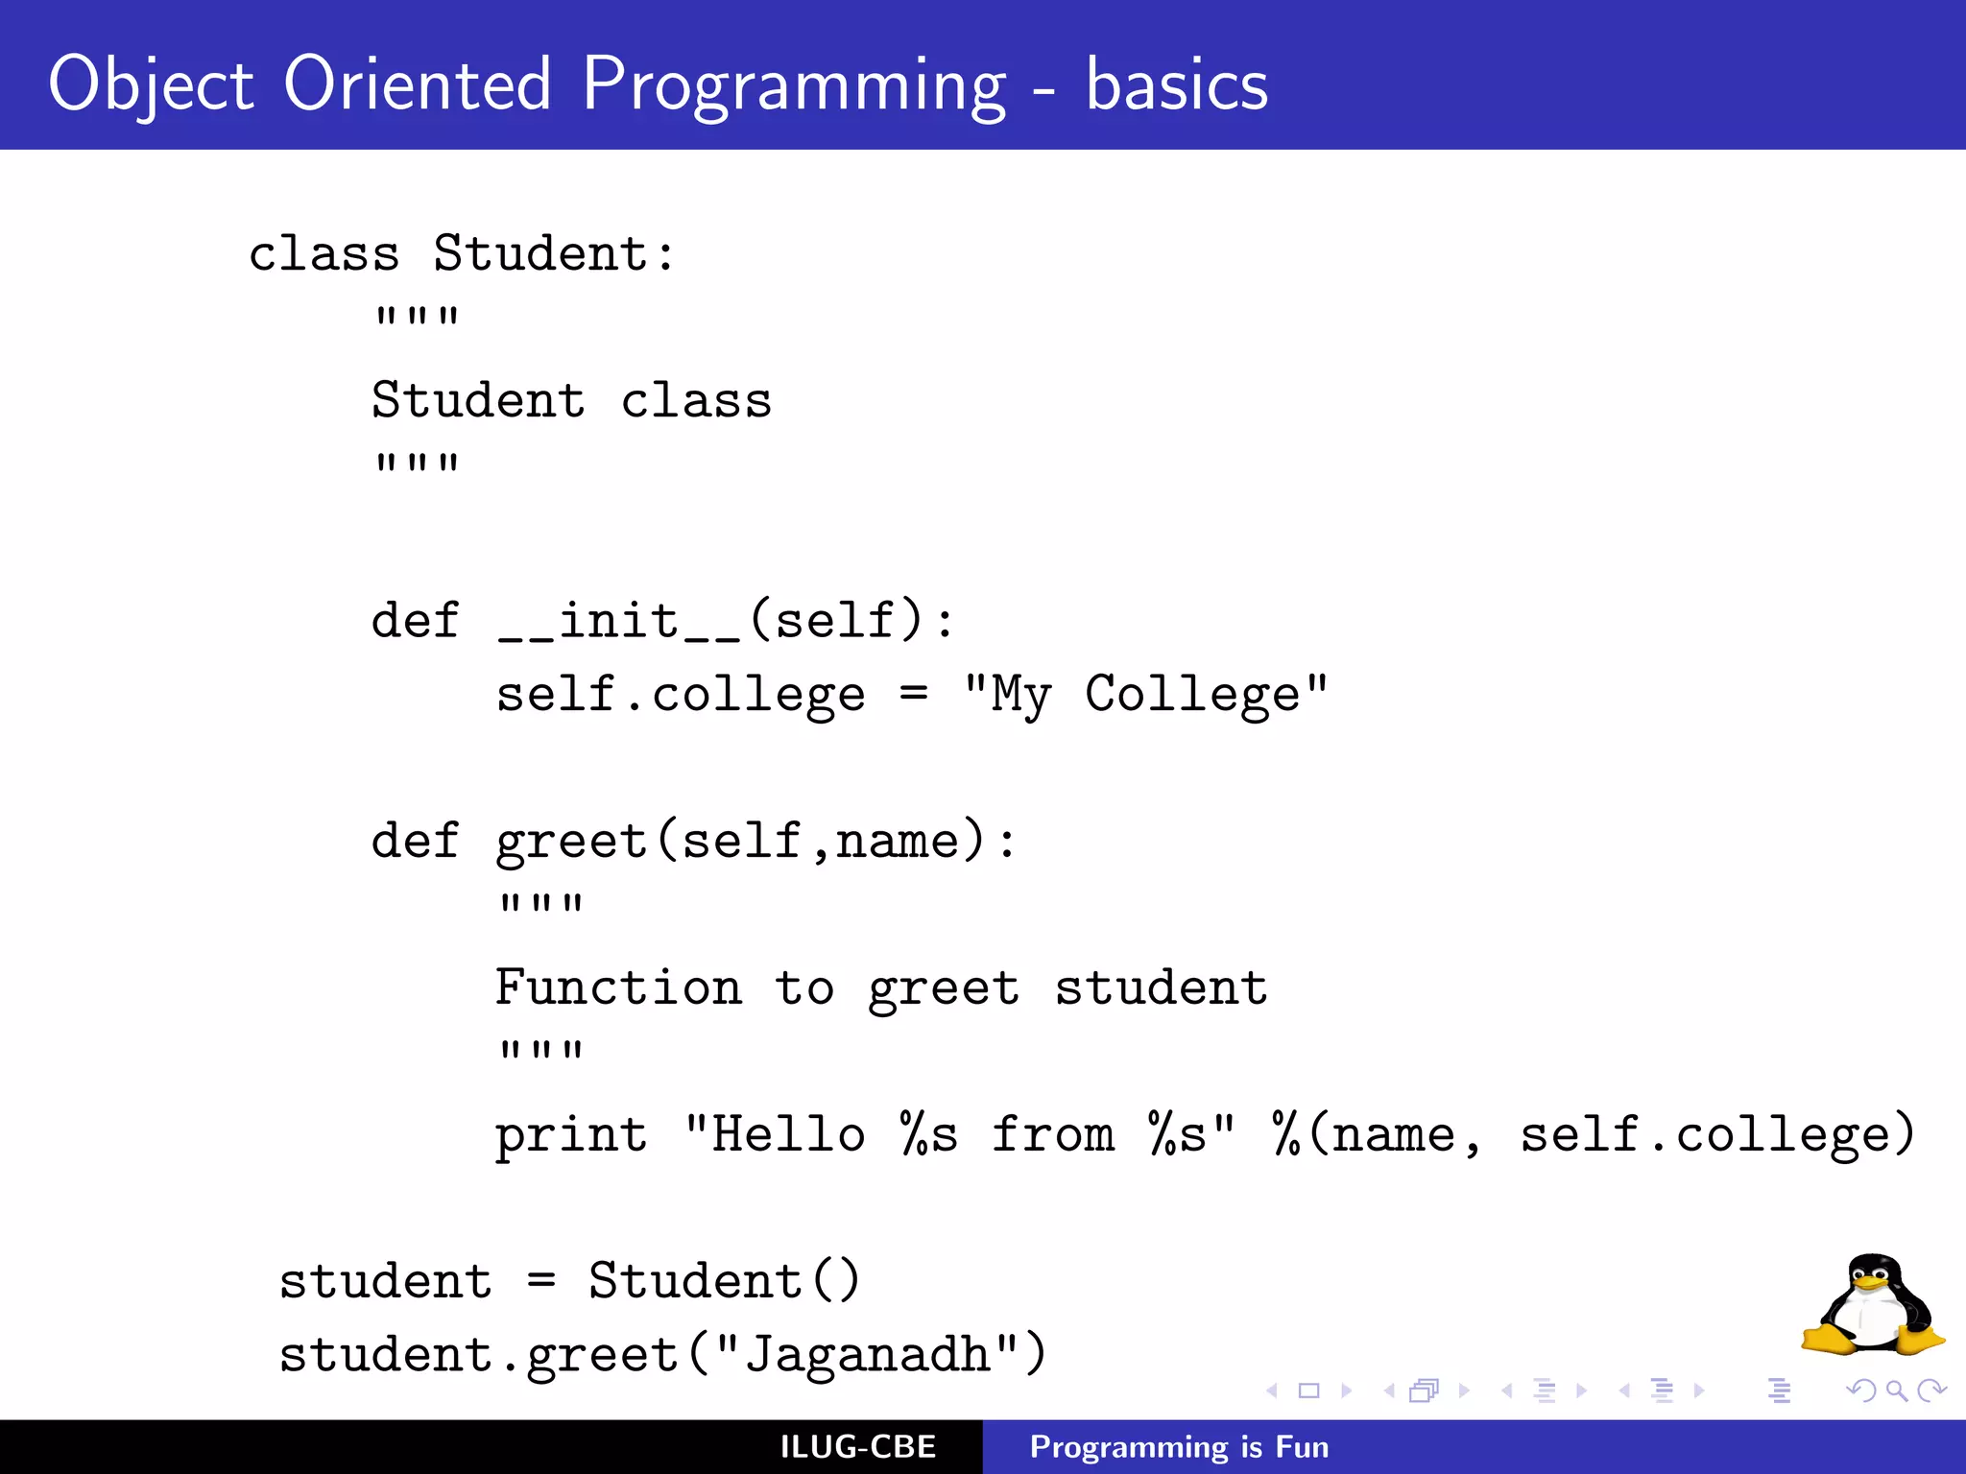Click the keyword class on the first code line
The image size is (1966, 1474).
point(324,254)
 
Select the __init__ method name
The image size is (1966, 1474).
point(619,621)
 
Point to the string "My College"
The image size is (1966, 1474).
point(1146,694)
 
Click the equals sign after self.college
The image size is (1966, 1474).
point(914,693)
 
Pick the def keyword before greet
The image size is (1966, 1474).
point(415,841)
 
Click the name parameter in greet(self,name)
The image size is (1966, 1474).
point(897,841)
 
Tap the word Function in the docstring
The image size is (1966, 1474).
point(618,987)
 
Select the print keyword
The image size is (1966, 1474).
point(571,1135)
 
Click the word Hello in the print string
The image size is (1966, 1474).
point(788,1135)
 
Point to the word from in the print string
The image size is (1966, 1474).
point(1053,1135)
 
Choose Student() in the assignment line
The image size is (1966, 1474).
point(725,1281)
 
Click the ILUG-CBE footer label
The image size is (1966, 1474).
point(857,1447)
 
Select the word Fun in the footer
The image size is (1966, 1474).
point(1302,1447)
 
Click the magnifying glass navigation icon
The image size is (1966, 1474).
point(1896,1391)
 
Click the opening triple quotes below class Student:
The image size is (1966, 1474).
point(417,317)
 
